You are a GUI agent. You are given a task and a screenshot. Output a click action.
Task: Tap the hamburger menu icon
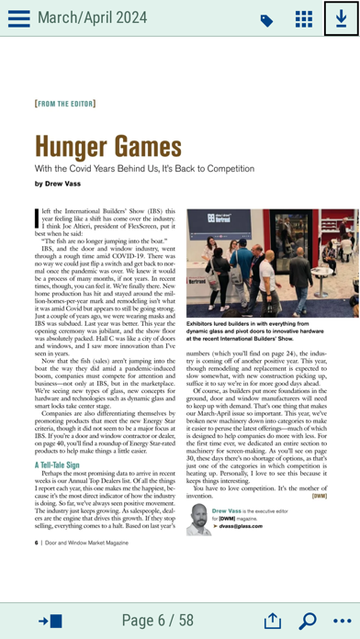click(x=18, y=18)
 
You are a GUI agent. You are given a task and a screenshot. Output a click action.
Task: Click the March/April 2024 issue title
click(x=92, y=17)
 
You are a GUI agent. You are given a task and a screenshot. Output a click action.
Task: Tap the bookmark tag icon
click(x=266, y=20)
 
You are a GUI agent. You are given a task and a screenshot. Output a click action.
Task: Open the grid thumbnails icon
click(x=303, y=19)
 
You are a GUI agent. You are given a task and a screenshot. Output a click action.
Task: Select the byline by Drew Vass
click(x=63, y=184)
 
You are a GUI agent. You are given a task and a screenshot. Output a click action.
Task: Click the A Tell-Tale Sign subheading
click(x=64, y=465)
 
